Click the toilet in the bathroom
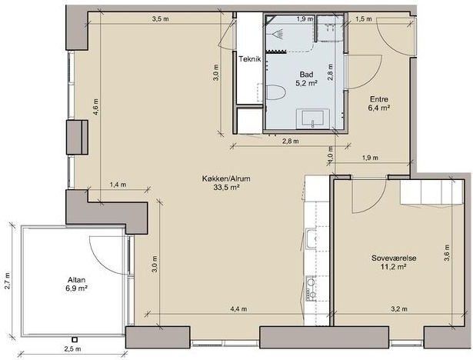coord(275,92)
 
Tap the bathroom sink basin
coord(313,118)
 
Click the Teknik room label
coord(250,58)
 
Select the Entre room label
coord(379,99)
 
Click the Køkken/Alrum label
coord(226,178)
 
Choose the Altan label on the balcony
coord(77,279)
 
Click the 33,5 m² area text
coord(227,188)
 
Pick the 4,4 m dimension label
coord(238,308)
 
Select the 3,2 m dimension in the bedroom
coord(399,308)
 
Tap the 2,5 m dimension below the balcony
coord(73,349)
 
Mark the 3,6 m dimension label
coord(447,253)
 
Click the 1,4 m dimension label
coord(118,185)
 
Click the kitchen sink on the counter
coord(311,239)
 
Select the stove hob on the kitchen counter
coord(311,288)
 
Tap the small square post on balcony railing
coord(75,339)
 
